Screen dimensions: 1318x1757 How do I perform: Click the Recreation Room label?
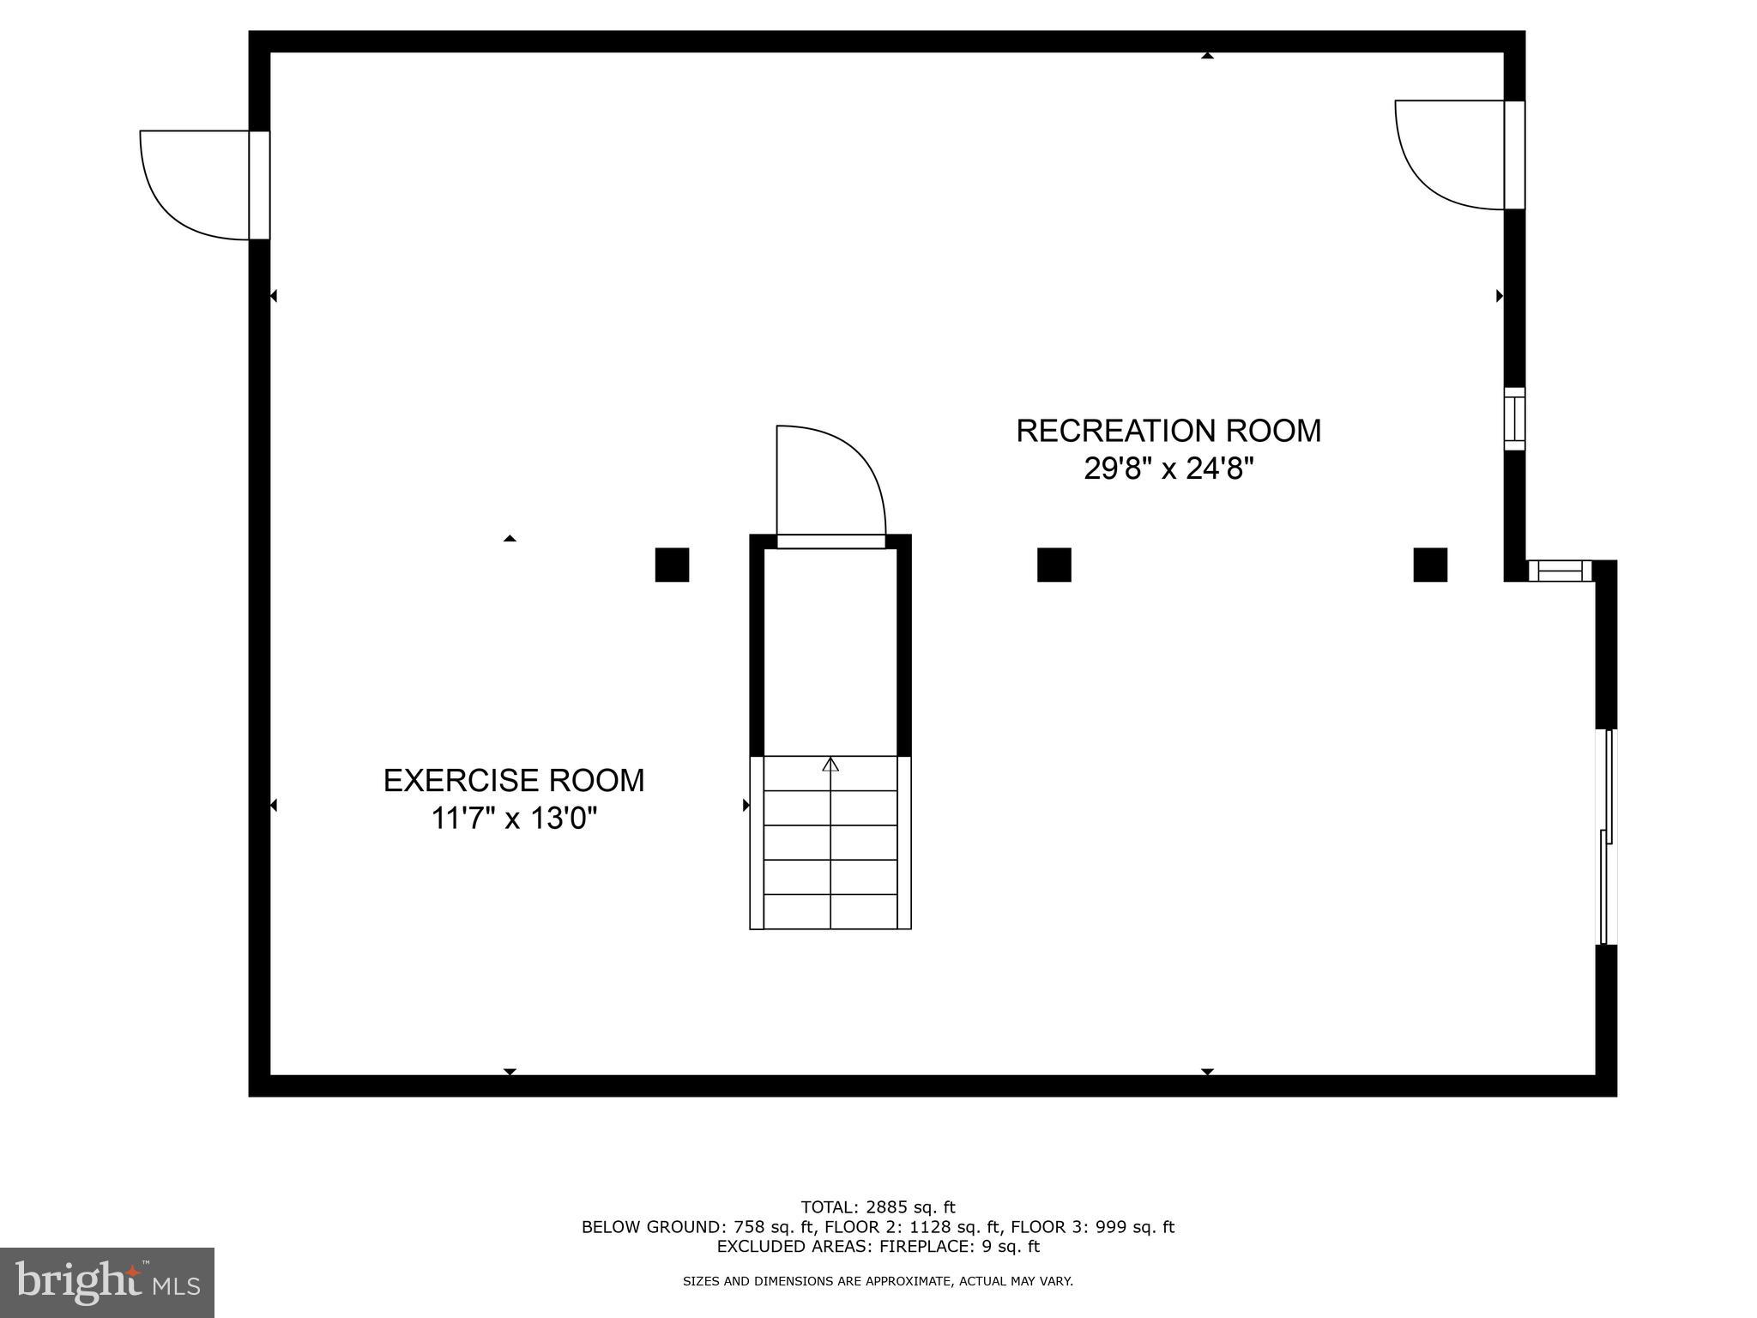pyautogui.click(x=1168, y=431)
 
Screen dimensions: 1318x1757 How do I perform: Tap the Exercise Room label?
pyautogui.click(x=514, y=781)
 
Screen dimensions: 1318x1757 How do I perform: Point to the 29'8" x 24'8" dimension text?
pyautogui.click(x=1168, y=469)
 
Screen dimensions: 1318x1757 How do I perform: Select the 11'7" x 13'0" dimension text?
pyautogui.click(x=514, y=819)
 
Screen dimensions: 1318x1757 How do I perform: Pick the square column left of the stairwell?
pyautogui.click(x=672, y=565)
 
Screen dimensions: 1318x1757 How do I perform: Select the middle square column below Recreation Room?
pyautogui.click(x=1054, y=565)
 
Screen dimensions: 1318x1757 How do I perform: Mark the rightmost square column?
pyautogui.click(x=1430, y=565)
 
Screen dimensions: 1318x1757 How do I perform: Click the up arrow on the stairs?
pyautogui.click(x=830, y=764)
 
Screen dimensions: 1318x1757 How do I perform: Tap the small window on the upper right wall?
pyautogui.click(x=1514, y=419)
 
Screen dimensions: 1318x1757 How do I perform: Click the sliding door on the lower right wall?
pyautogui.click(x=1606, y=837)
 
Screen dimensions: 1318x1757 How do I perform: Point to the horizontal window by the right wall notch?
pyautogui.click(x=1560, y=571)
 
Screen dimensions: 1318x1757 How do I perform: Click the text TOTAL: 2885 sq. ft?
pyautogui.click(x=878, y=1207)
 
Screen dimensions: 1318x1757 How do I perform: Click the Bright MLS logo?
pyautogui.click(x=107, y=1283)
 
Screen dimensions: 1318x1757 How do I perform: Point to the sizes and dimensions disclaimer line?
pyautogui.click(x=878, y=1281)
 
